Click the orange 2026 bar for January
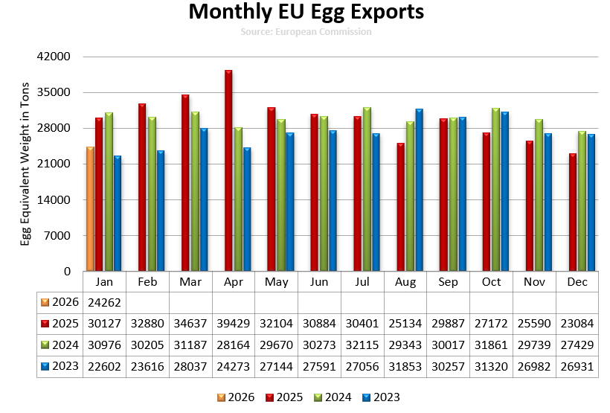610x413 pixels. tap(90, 209)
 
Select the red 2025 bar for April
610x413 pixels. tap(228, 170)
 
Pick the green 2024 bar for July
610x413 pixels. tap(367, 189)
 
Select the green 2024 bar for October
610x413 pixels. tap(496, 190)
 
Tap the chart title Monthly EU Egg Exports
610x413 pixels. tap(306, 13)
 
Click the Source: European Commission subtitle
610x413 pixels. tap(306, 32)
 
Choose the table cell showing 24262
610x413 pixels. tap(104, 303)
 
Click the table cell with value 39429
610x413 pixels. tap(233, 324)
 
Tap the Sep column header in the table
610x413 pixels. tap(449, 282)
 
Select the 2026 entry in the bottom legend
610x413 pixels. tap(236, 397)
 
